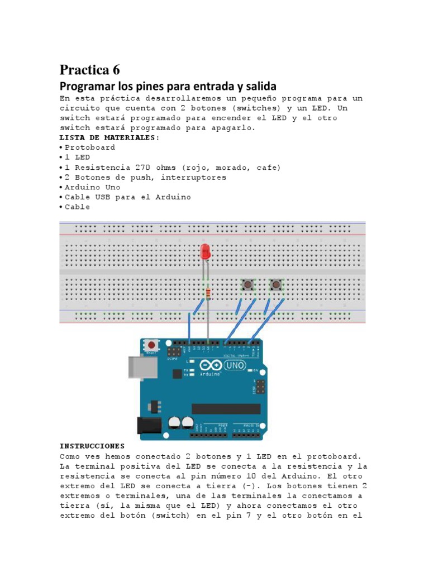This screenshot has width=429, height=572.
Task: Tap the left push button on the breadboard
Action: [x=246, y=285]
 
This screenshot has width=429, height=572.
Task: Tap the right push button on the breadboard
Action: [x=276, y=285]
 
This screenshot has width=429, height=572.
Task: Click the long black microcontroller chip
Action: [x=226, y=408]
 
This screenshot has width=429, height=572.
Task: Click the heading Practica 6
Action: [x=89, y=70]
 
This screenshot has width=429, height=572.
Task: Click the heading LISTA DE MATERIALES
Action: [x=109, y=137]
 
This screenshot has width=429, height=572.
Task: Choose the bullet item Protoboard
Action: [x=90, y=147]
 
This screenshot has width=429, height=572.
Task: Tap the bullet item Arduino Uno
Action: [x=92, y=187]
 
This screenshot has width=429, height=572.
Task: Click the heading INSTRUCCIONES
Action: [x=92, y=446]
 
